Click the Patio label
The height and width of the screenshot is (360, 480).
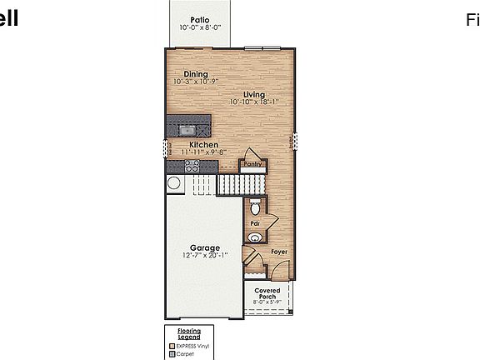(198, 18)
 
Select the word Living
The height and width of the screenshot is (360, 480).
(253, 94)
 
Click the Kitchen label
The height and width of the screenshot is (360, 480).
(204, 145)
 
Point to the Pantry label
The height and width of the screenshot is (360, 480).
(253, 164)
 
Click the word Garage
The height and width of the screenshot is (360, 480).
(204, 247)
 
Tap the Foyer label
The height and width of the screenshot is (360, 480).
(279, 251)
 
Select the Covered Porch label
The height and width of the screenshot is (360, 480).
(268, 293)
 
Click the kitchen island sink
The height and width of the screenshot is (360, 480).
(187, 129)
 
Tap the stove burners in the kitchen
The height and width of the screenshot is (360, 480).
(192, 167)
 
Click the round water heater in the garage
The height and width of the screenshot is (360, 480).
(174, 183)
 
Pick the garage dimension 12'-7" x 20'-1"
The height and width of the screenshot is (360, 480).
(204, 256)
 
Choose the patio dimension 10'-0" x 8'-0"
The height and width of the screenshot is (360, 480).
(199, 27)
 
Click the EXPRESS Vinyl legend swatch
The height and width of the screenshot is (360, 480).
(172, 344)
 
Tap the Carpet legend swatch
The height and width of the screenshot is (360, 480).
(172, 353)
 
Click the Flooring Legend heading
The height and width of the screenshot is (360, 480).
(189, 334)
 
